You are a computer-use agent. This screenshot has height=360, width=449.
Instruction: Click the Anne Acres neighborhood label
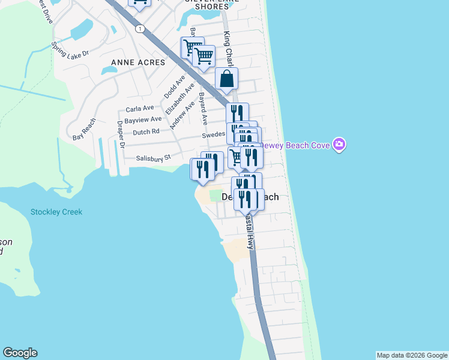point(138,62)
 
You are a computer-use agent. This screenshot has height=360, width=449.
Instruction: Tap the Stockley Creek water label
point(56,212)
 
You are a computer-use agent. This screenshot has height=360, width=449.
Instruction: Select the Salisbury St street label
point(154,158)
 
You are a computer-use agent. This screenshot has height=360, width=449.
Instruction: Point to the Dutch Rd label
point(146,131)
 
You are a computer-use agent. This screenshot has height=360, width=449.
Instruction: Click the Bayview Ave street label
point(143,119)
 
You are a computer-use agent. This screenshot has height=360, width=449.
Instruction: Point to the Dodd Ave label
point(172,88)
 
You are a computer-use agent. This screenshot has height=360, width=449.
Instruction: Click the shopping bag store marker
point(227,79)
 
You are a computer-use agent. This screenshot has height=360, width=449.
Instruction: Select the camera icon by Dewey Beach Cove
point(340,145)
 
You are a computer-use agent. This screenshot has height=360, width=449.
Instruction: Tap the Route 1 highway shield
point(140,29)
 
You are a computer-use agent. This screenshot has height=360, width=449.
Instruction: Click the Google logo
point(20,353)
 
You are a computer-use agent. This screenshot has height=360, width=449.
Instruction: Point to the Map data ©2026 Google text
point(411,355)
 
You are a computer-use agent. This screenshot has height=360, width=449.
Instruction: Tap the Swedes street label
point(213,136)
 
